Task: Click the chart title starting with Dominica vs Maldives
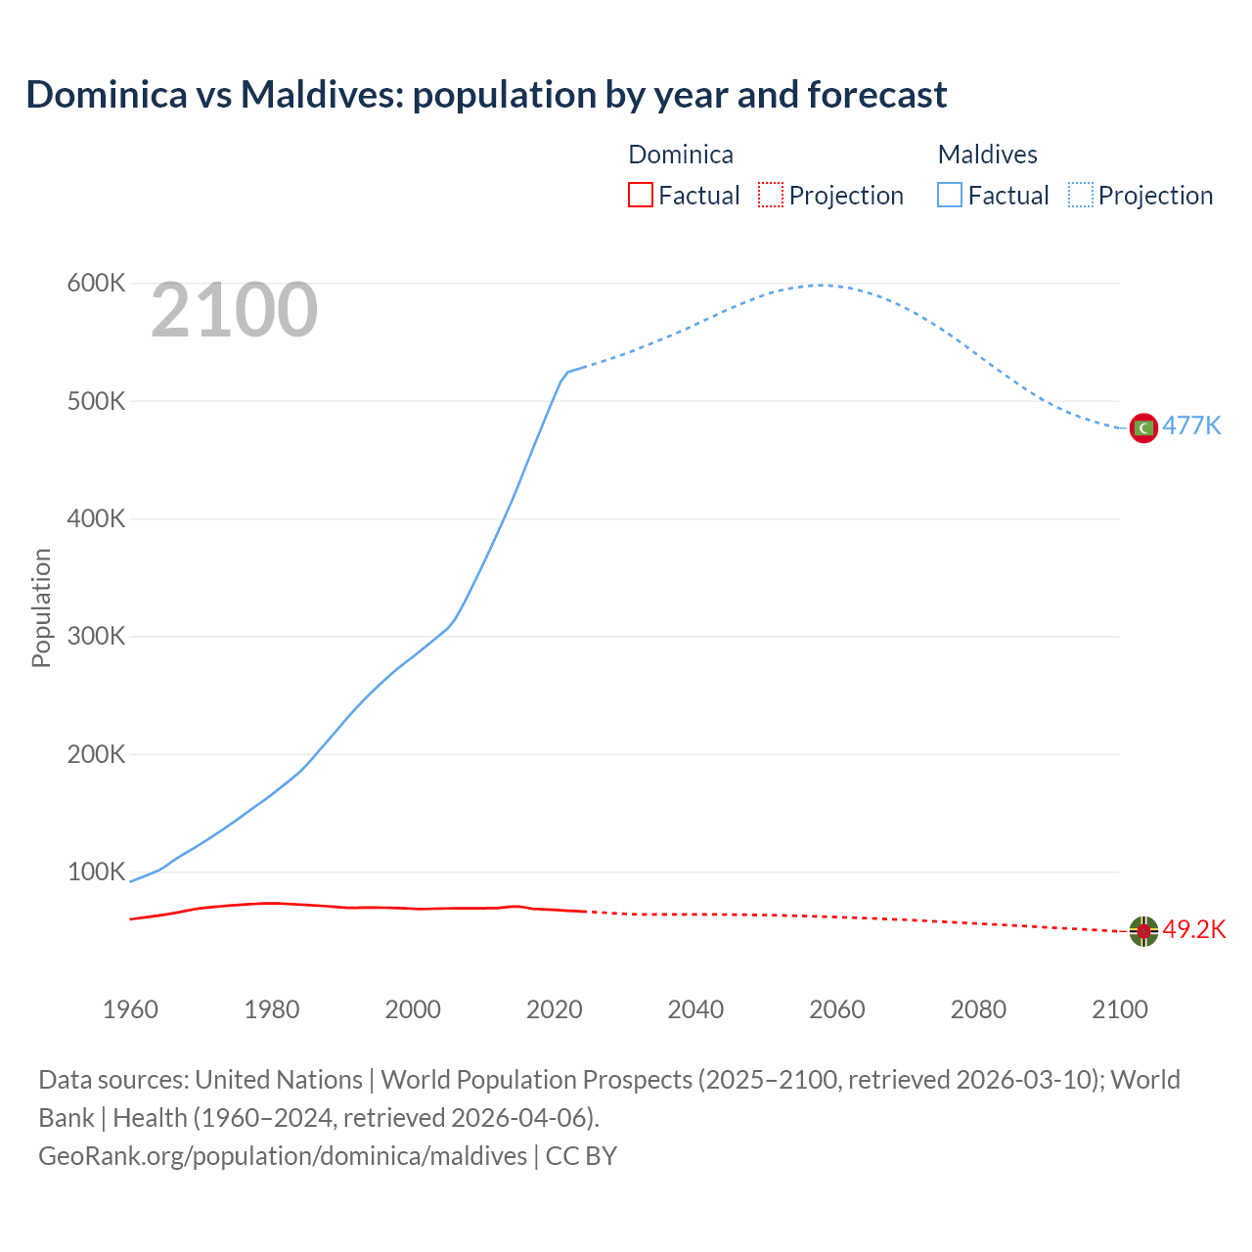(486, 95)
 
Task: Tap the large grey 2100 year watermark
(234, 310)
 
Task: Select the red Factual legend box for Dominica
(640, 195)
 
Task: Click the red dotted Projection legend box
(771, 195)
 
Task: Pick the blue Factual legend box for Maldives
(949, 195)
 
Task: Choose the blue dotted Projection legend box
(1081, 195)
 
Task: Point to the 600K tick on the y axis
(96, 284)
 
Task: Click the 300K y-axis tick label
(96, 637)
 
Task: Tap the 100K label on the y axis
(96, 872)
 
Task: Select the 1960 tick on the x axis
(130, 1009)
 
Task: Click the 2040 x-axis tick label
(695, 1009)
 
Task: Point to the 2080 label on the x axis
(978, 1009)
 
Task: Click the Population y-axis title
(41, 607)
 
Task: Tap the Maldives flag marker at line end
(1143, 427)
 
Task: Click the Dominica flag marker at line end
(1143, 931)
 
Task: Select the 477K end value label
(1191, 426)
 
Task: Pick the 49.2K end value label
(1193, 929)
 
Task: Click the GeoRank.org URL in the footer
(283, 1155)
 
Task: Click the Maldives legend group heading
(987, 155)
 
